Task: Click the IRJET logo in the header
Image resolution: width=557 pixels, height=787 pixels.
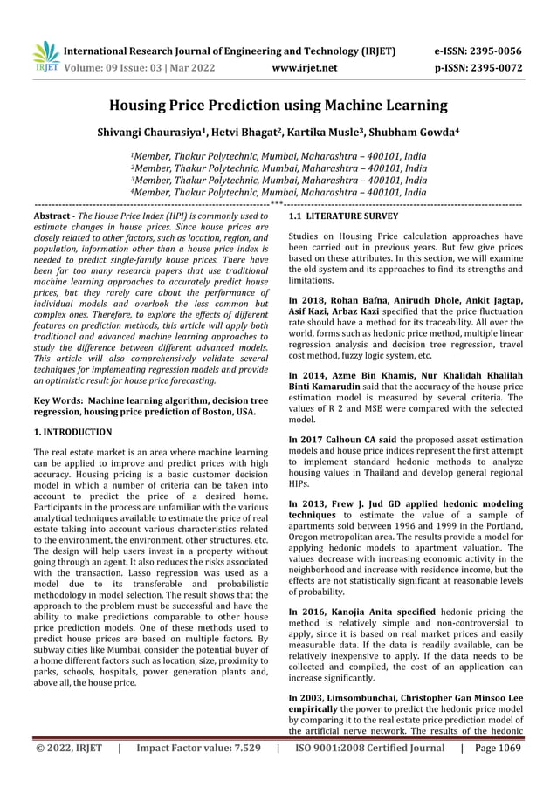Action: [x=45, y=54]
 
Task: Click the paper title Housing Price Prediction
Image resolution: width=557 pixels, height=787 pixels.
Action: [x=278, y=106]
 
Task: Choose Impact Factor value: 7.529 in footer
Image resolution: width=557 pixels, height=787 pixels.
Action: [x=197, y=772]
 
